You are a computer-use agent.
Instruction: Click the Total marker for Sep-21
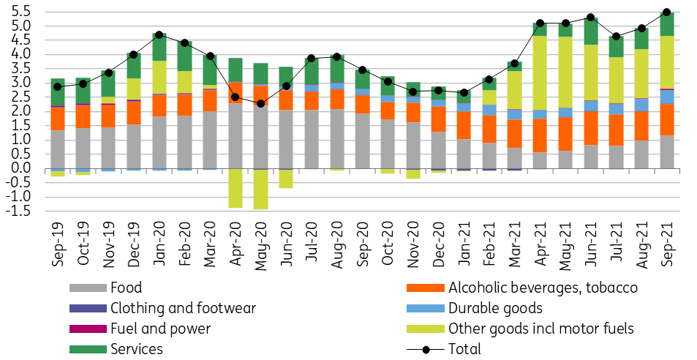click(x=666, y=12)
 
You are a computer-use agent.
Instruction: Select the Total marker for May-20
click(x=260, y=104)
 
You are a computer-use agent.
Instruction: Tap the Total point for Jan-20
click(x=159, y=34)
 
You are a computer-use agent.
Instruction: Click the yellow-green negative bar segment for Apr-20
click(x=236, y=189)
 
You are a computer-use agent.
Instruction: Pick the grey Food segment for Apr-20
click(x=236, y=136)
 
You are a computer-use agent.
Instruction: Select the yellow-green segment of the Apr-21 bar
click(x=540, y=73)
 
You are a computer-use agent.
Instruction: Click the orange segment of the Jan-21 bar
click(x=464, y=125)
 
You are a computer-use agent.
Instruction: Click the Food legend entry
click(x=106, y=288)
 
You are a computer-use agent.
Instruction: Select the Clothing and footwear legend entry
click(x=162, y=308)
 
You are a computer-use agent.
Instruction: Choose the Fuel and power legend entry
click(x=140, y=329)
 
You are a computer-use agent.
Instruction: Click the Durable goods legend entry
click(x=475, y=308)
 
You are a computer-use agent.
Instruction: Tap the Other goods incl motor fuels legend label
click(x=541, y=329)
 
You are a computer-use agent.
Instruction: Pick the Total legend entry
click(x=444, y=349)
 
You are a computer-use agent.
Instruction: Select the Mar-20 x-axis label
click(x=210, y=244)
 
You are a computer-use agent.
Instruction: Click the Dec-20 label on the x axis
click(x=438, y=244)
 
